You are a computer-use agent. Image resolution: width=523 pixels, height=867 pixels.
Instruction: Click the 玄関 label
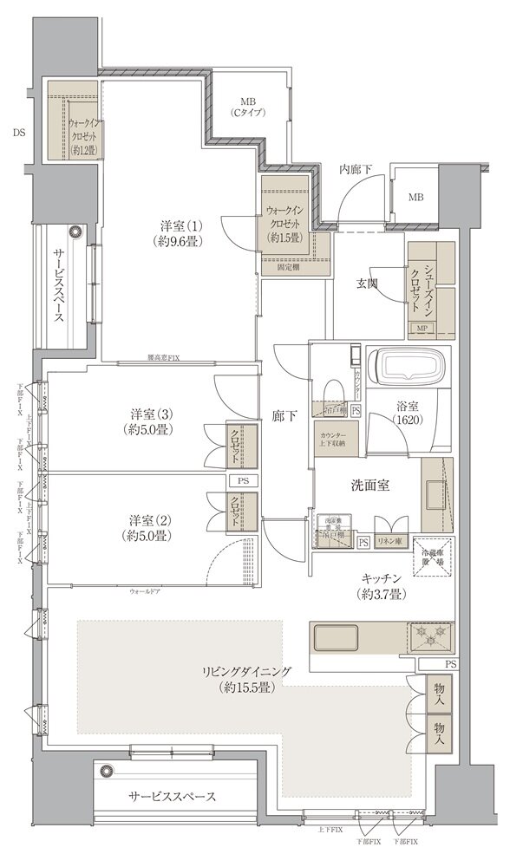coord(365,283)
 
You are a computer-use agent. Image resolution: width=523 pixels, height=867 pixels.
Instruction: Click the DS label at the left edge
coord(19,133)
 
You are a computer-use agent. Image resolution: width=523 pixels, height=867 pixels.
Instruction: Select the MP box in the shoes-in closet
coord(422,329)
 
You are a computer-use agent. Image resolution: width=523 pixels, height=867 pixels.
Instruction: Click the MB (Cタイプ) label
coord(247,107)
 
